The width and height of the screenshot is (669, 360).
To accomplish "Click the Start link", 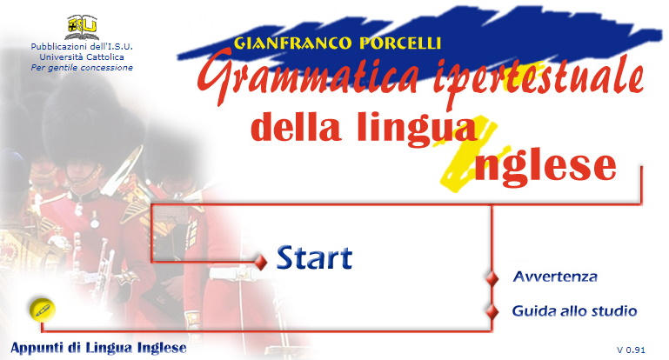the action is click(314, 257).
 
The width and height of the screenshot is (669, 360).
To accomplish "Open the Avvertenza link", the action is click(555, 277).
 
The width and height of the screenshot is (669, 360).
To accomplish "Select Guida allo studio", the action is click(574, 310).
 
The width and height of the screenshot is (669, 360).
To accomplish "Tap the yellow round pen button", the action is click(43, 310).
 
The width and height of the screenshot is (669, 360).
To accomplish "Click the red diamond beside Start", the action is click(261, 262).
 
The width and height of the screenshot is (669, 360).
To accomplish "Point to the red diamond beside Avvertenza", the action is click(492, 278).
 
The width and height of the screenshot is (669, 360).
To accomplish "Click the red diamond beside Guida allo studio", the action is click(492, 312).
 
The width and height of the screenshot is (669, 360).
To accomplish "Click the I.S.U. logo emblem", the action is click(83, 26).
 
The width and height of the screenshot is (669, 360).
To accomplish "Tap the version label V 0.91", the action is click(631, 350).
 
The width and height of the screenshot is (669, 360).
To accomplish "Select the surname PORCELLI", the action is click(400, 43).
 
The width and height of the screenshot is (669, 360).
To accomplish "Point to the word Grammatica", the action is click(308, 77).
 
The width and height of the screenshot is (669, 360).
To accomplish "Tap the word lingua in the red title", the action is click(417, 129).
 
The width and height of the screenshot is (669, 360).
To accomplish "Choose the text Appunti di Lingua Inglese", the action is click(98, 348).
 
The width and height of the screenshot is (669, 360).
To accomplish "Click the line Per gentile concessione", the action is click(82, 68).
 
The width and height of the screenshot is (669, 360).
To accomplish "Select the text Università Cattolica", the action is click(82, 57).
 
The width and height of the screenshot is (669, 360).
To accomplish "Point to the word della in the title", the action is click(296, 126).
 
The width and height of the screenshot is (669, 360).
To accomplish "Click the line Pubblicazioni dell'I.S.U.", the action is click(82, 46).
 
